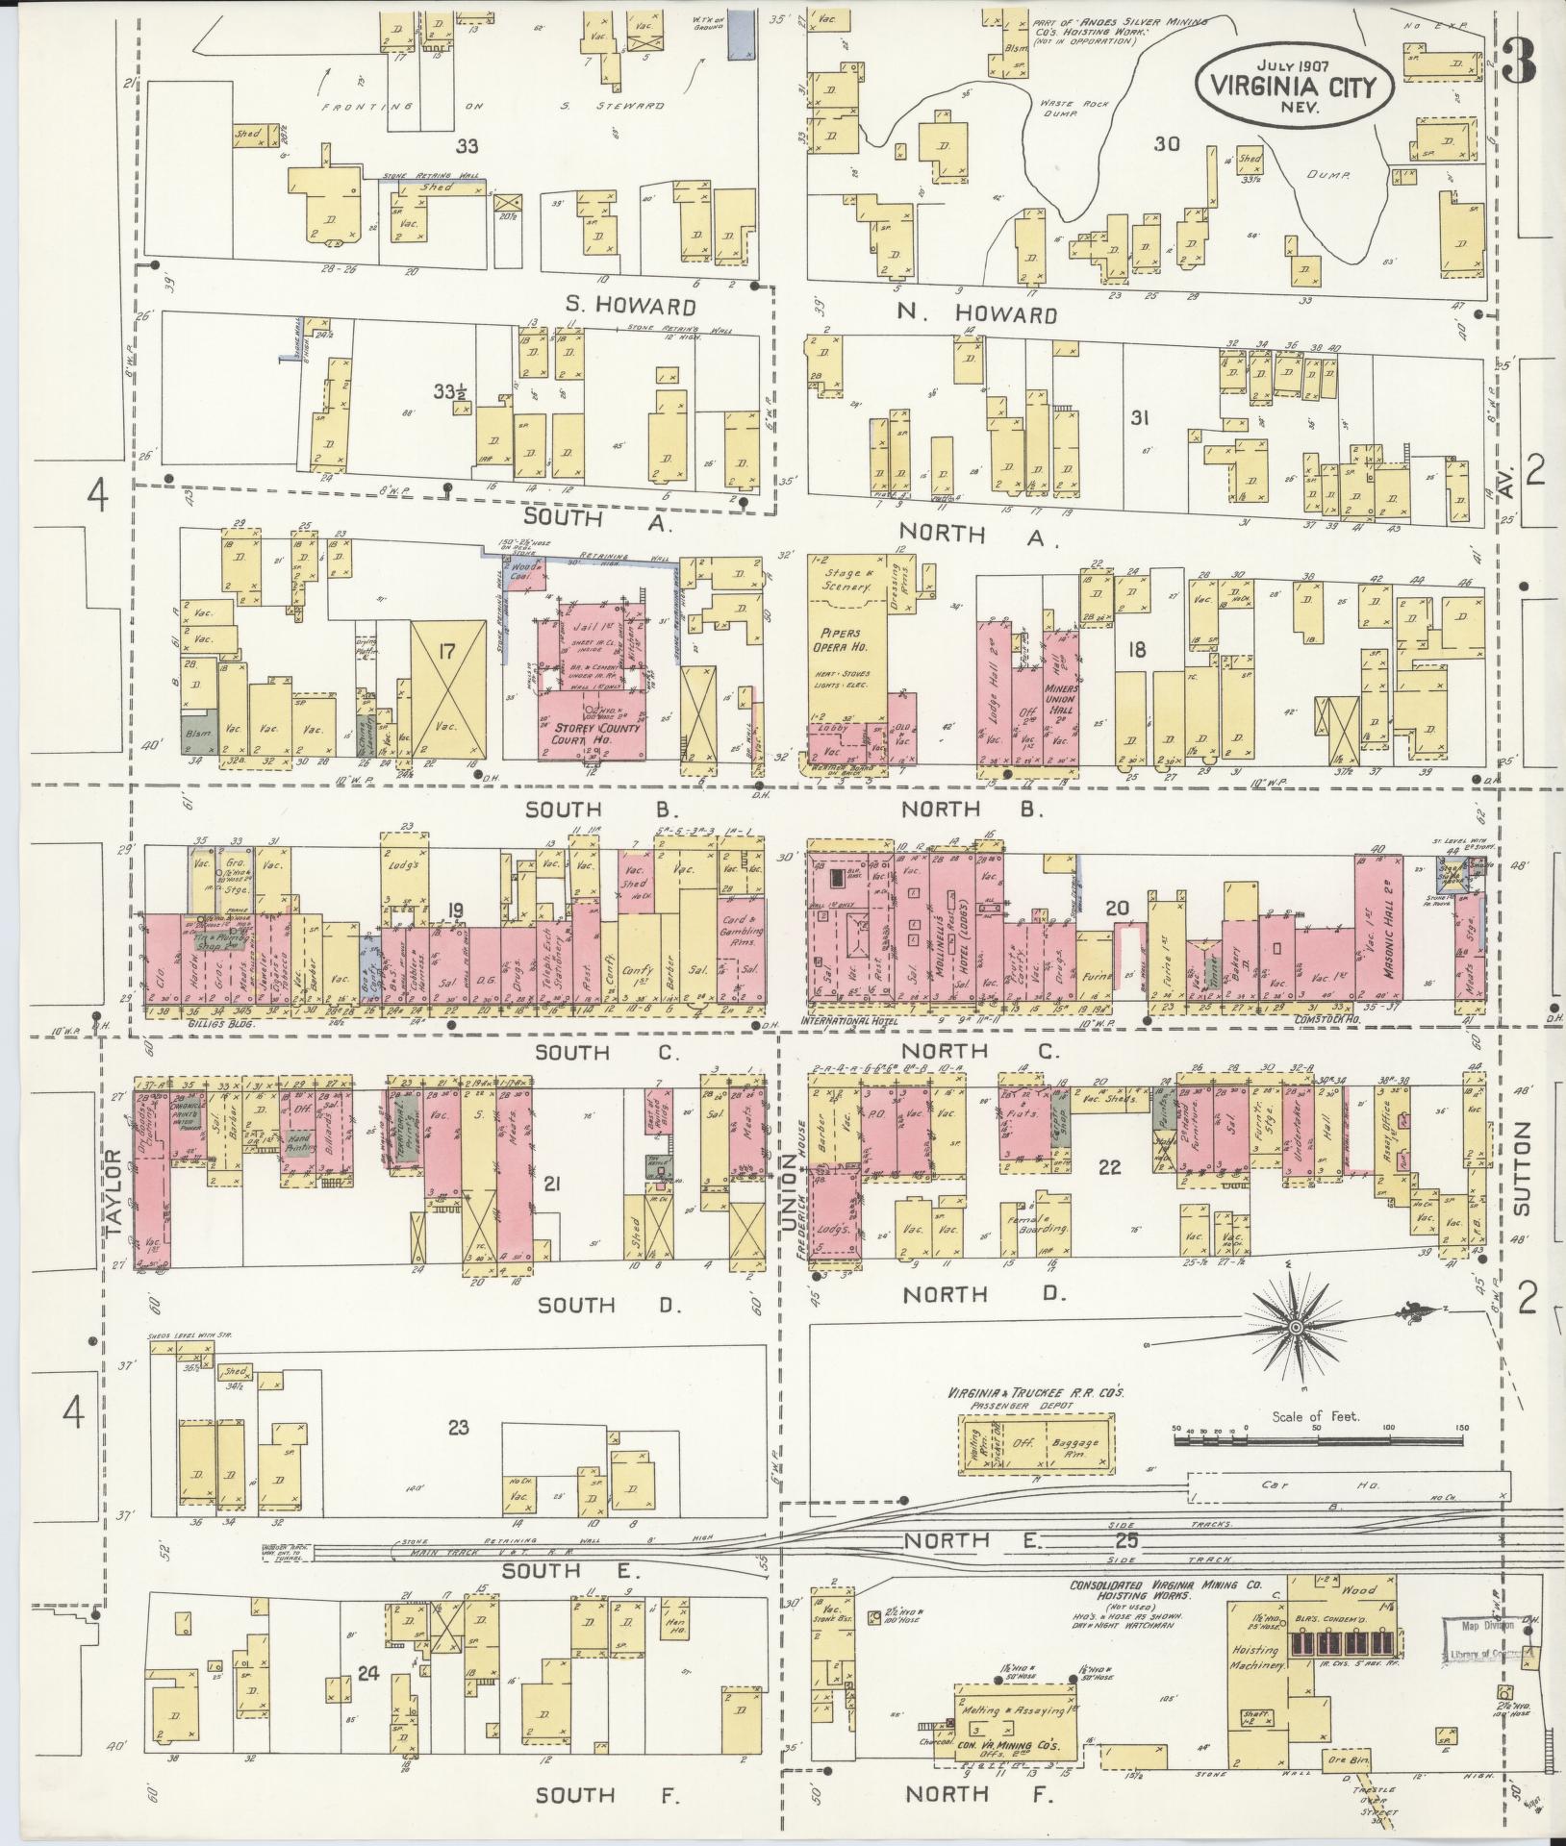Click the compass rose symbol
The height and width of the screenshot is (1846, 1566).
pos(1296,1328)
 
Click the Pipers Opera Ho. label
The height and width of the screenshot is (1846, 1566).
pos(846,640)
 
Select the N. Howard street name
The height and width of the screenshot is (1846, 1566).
pos(976,314)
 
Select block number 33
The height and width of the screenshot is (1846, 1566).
pos(467,146)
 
